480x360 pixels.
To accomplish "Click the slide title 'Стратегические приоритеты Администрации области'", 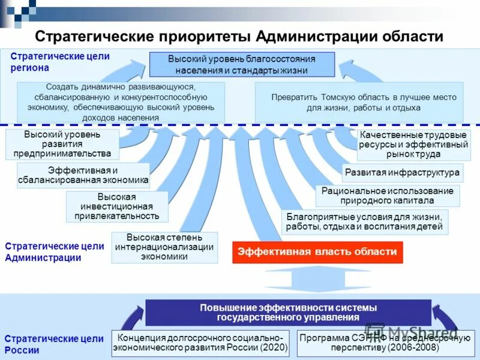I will [239, 37].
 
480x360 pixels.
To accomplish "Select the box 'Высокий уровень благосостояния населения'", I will [242, 64].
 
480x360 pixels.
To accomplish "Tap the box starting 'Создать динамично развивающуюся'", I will [121, 102].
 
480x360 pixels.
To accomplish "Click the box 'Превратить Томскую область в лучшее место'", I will [359, 102].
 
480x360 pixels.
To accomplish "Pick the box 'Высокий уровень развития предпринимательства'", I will [62, 144].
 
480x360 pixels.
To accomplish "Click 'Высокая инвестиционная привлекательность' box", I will [117, 206].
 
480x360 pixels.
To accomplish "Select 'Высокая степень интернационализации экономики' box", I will [164, 247].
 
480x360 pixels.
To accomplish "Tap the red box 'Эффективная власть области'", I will [317, 252].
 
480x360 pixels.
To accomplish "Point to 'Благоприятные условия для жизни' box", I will [364, 222].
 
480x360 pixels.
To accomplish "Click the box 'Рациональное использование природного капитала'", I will [388, 196].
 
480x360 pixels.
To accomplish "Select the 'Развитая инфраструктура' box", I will [403, 173].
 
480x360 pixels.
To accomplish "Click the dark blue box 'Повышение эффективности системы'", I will [288, 312].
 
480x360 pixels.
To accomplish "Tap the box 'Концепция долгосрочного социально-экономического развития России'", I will [201, 343].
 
